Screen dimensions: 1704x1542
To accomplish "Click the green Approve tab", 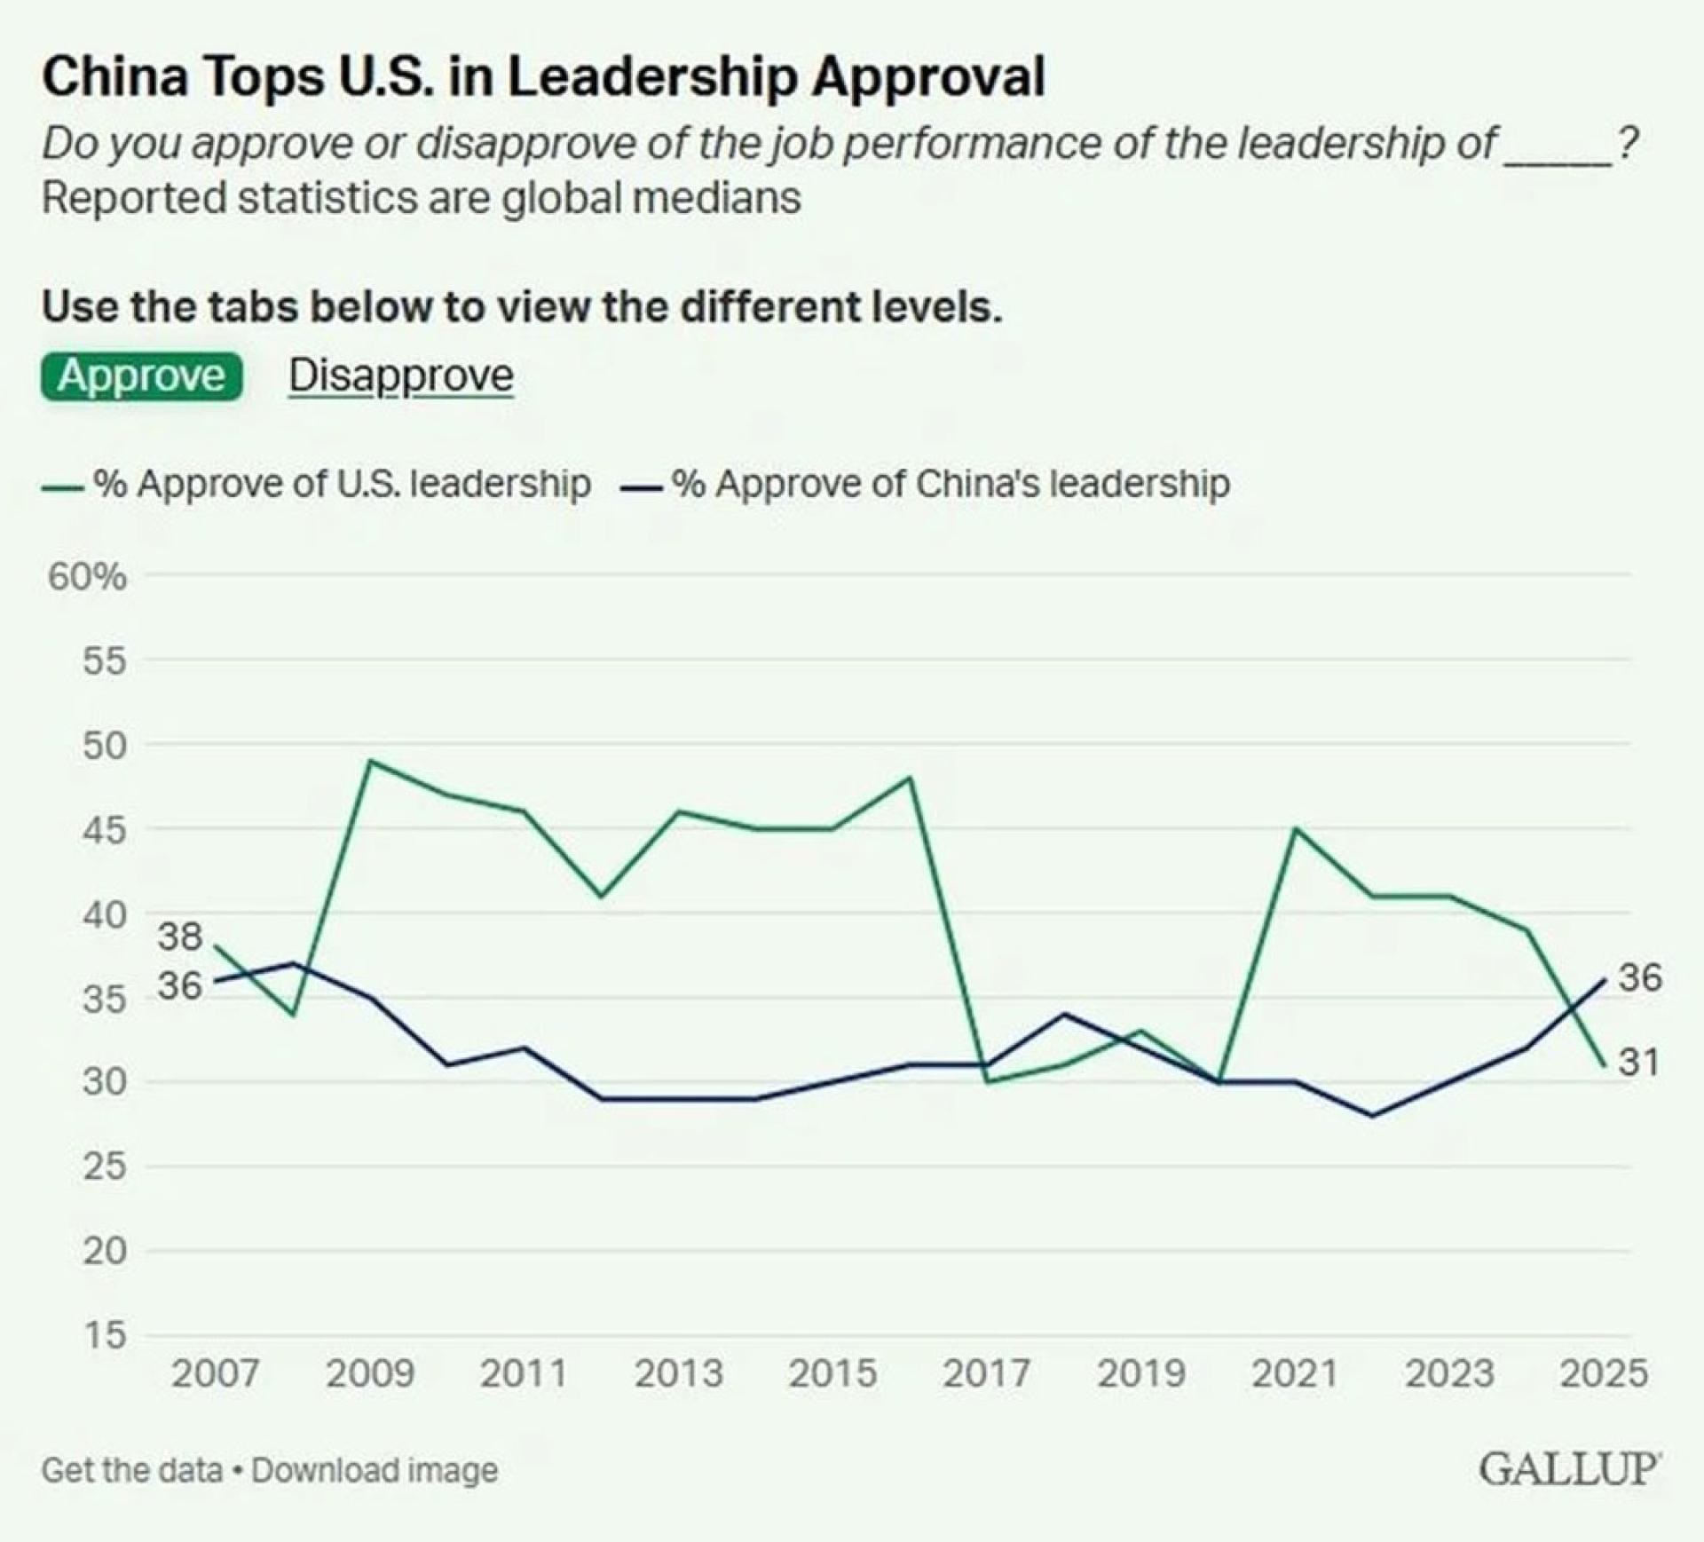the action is (x=142, y=376).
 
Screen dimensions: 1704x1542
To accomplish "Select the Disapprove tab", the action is (x=401, y=376).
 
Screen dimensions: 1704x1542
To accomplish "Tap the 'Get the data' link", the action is (x=132, y=1470).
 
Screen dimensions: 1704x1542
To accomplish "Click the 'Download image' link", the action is (x=375, y=1470).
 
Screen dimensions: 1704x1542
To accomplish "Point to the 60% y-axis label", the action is (x=87, y=577).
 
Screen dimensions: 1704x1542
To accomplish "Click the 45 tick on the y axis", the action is (x=105, y=830).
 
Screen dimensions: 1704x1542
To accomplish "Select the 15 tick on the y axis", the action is (x=105, y=1334).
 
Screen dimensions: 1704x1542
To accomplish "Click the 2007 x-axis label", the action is (x=216, y=1374).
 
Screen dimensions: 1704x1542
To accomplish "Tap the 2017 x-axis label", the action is (x=987, y=1374).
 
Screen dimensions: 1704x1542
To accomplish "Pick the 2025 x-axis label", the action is (x=1604, y=1374).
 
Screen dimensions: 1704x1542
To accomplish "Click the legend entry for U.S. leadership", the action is (x=316, y=485).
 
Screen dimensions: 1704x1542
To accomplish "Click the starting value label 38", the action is (x=180, y=937).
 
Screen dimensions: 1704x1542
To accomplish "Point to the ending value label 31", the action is (x=1638, y=1062).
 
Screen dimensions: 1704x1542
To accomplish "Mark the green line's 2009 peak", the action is (x=370, y=761).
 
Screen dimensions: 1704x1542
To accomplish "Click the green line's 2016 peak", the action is (x=910, y=778).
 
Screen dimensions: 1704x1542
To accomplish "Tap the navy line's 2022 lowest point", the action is (x=1373, y=1116).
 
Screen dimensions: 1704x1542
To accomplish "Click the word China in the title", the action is (x=115, y=76).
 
